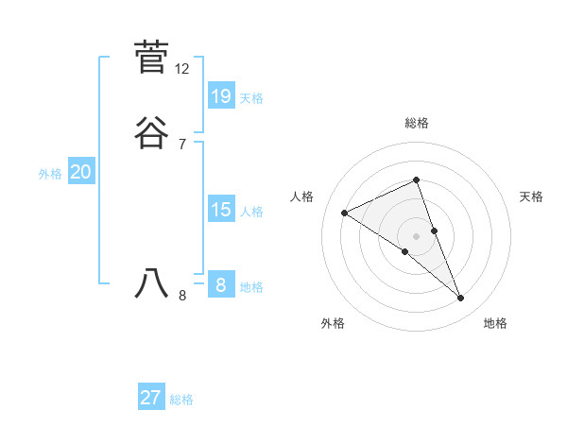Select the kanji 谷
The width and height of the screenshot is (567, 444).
(x=152, y=133)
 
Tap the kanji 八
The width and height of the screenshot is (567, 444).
(x=152, y=282)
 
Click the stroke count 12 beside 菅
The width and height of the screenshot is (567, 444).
(x=182, y=69)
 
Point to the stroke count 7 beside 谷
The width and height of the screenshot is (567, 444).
(x=181, y=145)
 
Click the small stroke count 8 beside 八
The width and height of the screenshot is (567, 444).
(x=182, y=296)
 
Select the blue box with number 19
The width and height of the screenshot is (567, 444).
(x=221, y=96)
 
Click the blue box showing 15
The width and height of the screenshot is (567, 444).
(x=221, y=210)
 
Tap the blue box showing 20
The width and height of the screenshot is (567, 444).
(x=81, y=172)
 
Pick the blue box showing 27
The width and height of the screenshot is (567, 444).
(x=151, y=398)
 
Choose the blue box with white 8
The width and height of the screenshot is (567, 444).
(x=221, y=285)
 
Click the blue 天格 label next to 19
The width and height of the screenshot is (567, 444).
(x=251, y=97)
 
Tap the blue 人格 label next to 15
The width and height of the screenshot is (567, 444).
(x=251, y=211)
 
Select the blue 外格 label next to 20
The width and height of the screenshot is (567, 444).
(x=50, y=173)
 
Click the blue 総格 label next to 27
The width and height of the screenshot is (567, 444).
(x=181, y=399)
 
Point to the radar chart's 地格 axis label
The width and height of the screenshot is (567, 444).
(x=495, y=323)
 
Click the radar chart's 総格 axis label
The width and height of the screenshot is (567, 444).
(x=416, y=123)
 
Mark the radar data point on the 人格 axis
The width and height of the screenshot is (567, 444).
(x=344, y=213)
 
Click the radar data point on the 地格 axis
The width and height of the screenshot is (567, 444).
(x=461, y=299)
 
